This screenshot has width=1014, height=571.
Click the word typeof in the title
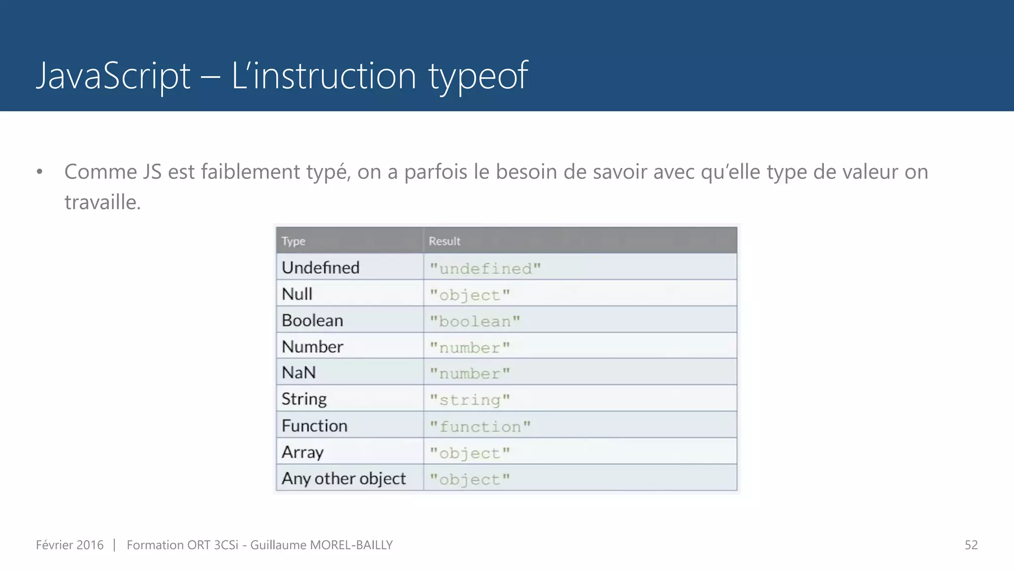(478, 77)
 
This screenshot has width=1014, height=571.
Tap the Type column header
(293, 241)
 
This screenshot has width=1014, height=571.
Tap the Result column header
(444, 241)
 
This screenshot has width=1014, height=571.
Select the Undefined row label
(320, 268)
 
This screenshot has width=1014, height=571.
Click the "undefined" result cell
(485, 269)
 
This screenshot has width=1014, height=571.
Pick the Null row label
(297, 294)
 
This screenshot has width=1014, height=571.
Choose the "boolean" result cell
(474, 321)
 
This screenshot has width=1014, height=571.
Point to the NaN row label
(299, 372)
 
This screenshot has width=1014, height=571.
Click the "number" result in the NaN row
(469, 373)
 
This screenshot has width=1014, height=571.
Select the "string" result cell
(469, 400)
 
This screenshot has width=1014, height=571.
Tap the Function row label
(314, 426)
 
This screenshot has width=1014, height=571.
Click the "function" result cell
(480, 426)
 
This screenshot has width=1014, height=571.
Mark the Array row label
(303, 452)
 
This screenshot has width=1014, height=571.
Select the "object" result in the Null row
(469, 295)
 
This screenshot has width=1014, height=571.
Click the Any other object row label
(344, 478)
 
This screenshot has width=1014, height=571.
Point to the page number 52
(971, 545)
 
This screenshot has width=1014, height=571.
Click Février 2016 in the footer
(70, 545)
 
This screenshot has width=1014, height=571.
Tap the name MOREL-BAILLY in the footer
(351, 545)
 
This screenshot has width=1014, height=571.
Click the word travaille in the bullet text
(101, 202)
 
